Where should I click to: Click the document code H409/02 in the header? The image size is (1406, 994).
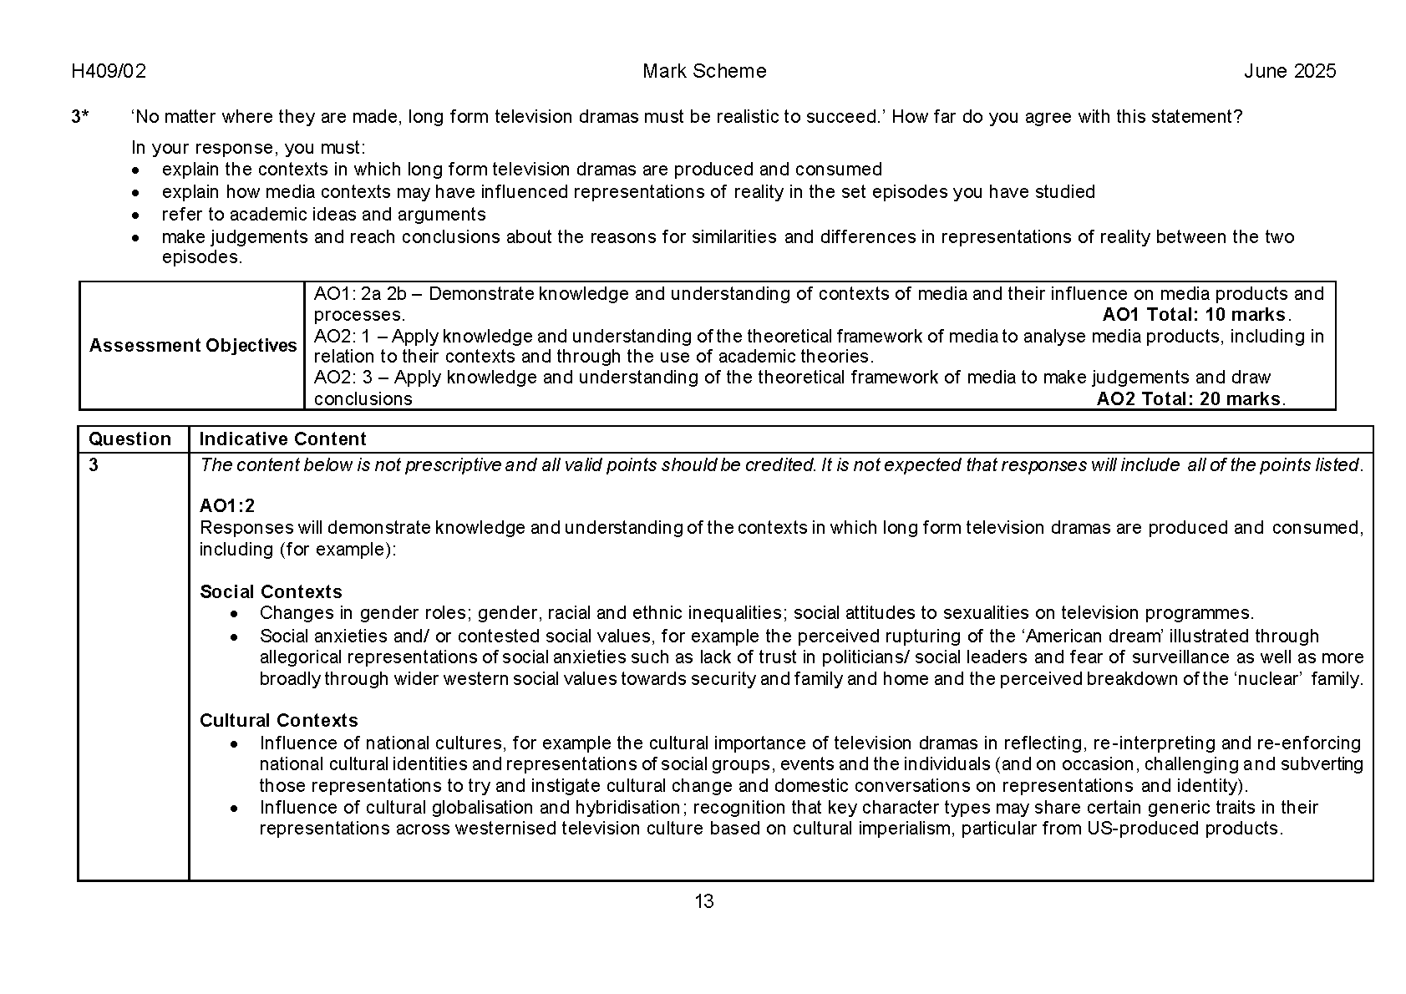tap(109, 72)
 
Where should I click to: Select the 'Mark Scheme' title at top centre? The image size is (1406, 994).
tap(703, 72)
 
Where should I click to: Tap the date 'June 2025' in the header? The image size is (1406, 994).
tap(1289, 72)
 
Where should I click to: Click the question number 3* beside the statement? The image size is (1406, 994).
tap(80, 117)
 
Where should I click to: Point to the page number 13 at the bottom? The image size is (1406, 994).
tap(703, 901)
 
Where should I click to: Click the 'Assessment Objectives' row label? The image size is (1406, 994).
tap(193, 346)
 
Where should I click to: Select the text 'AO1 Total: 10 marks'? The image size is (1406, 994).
tap(1195, 315)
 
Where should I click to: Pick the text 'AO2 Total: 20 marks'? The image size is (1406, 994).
tap(1190, 399)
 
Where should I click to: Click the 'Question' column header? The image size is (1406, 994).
tap(129, 439)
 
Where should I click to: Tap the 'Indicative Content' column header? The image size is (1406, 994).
tap(282, 439)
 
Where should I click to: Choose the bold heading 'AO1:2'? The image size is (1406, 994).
tap(227, 505)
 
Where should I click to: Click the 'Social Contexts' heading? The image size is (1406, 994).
tap(271, 592)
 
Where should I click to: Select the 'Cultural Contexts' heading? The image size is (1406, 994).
tap(278, 721)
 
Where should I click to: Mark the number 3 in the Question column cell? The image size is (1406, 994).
tap(94, 465)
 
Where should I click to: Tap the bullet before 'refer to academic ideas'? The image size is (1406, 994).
tap(137, 216)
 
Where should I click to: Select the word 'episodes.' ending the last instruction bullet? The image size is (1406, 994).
tap(201, 257)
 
